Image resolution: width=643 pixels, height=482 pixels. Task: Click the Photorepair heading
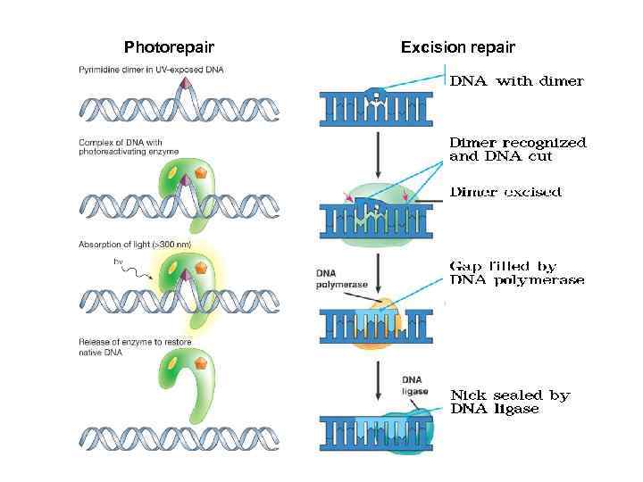pyautogui.click(x=169, y=46)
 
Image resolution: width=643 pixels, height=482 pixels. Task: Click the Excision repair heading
pyautogui.click(x=457, y=46)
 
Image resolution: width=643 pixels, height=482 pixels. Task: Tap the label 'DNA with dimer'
pyautogui.click(x=516, y=80)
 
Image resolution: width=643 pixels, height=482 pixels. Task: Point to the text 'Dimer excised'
pyautogui.click(x=505, y=192)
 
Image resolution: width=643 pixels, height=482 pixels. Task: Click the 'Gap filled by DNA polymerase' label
pyautogui.click(x=516, y=273)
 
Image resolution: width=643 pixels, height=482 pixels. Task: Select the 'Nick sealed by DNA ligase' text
pyautogui.click(x=509, y=402)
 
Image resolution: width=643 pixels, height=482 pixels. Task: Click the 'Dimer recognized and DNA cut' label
pyautogui.click(x=516, y=149)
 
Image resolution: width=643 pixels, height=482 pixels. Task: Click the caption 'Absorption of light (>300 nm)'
pyautogui.click(x=134, y=244)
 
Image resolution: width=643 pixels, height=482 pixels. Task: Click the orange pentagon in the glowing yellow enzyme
pyautogui.click(x=202, y=266)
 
